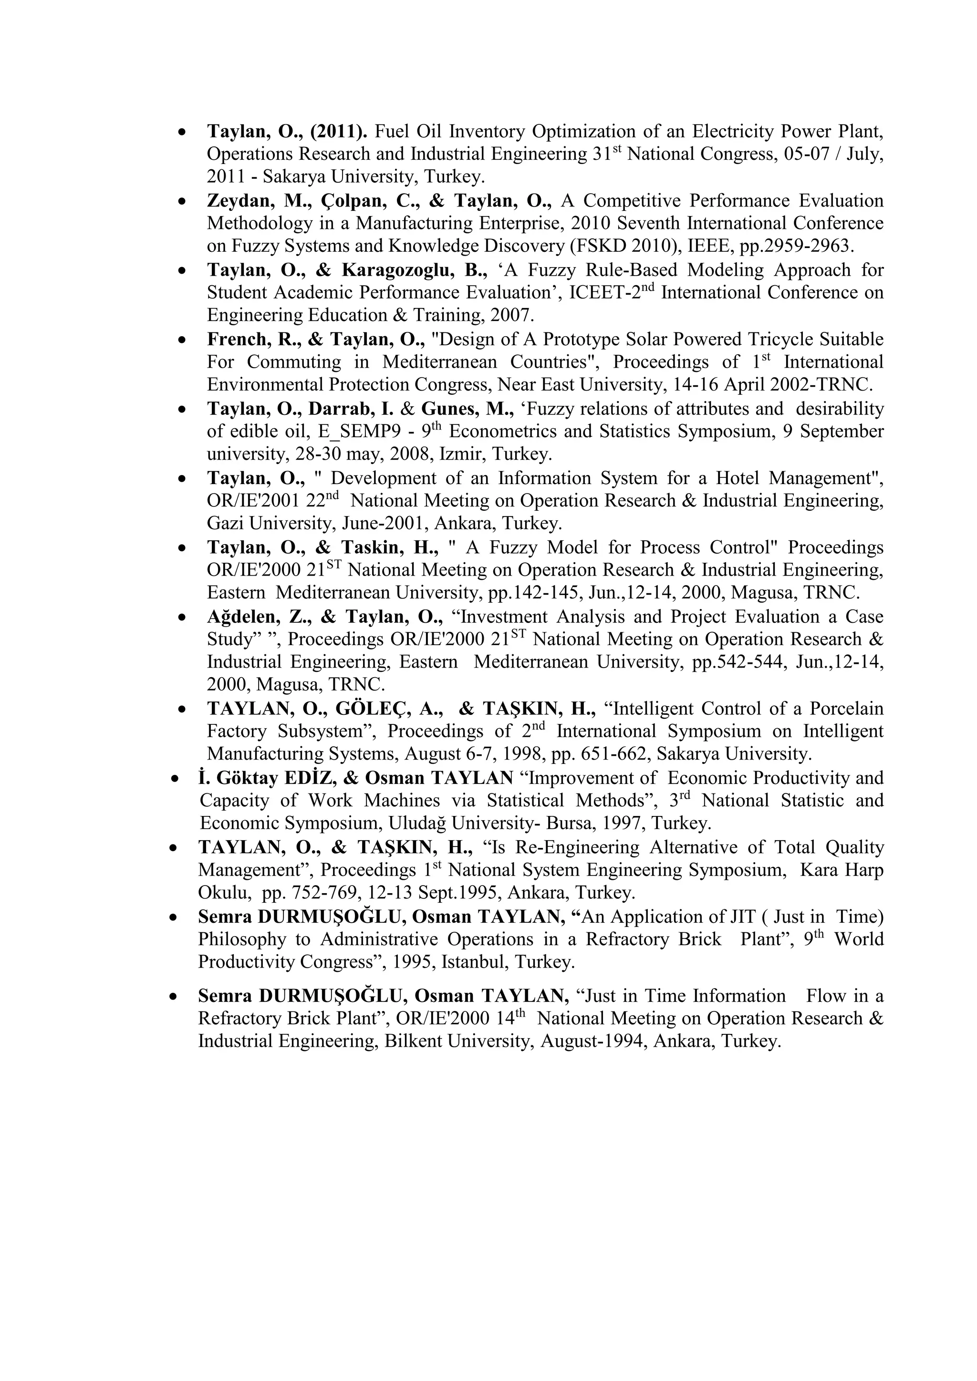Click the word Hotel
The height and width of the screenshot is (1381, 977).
(x=739, y=478)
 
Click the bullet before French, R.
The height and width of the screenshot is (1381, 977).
(x=182, y=340)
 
